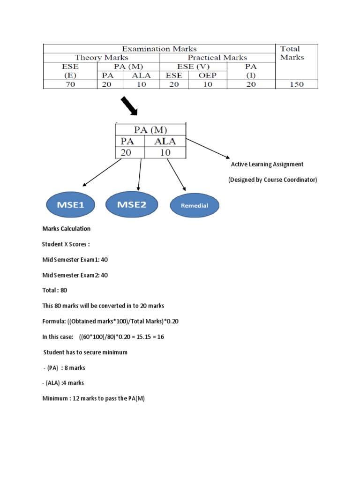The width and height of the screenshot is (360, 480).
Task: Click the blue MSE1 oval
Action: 70,204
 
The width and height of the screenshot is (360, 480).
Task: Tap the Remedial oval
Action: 194,205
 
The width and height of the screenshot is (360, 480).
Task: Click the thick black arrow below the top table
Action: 129,105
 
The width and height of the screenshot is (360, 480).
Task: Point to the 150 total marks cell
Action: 296,84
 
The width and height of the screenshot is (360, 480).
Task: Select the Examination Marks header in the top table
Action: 159,49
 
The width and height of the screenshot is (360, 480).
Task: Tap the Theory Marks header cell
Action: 101,58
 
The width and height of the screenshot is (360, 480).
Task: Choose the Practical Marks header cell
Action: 217,58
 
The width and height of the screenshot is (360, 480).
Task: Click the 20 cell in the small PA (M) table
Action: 127,153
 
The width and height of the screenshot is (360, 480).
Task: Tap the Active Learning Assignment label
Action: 267,164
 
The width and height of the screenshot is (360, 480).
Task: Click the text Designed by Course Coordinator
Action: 272,180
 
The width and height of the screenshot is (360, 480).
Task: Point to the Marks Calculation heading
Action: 66,229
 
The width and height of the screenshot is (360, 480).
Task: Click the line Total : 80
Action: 55,290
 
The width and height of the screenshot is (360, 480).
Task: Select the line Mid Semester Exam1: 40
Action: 75,260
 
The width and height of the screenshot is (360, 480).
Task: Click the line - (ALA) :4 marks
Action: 63,383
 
